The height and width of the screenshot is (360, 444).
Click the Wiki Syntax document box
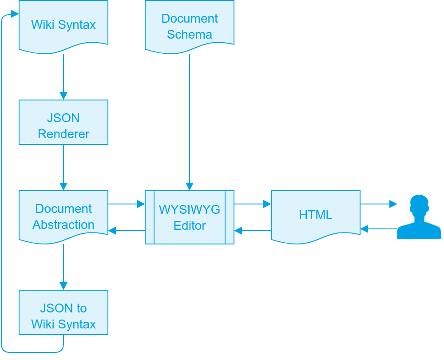tap(63, 24)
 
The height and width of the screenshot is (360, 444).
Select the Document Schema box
tap(190, 26)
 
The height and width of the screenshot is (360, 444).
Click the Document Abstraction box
tap(63, 216)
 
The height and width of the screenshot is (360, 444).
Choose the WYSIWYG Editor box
tap(190, 217)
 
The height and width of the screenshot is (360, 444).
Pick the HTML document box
tap(316, 216)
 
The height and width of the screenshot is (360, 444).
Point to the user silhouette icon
tap(419, 217)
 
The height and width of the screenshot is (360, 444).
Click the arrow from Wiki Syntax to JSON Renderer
tap(63, 76)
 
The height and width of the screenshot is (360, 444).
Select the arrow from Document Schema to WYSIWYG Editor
tap(190, 120)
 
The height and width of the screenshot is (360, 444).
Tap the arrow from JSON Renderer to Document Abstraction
tap(63, 167)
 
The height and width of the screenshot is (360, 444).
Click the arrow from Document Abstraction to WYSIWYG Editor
tap(127, 204)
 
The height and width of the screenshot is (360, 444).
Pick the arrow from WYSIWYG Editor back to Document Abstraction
tap(127, 231)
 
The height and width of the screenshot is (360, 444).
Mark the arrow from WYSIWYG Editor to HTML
tap(253, 204)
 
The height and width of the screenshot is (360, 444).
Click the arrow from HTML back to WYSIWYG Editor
tap(253, 231)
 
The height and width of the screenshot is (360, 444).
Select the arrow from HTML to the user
tap(379, 204)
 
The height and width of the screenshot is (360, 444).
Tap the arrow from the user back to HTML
tap(379, 229)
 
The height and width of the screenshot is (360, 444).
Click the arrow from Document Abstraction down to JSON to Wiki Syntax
tap(63, 267)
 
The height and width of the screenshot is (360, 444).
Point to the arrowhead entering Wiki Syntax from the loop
tap(15, 14)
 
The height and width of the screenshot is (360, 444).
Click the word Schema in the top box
tap(190, 35)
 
